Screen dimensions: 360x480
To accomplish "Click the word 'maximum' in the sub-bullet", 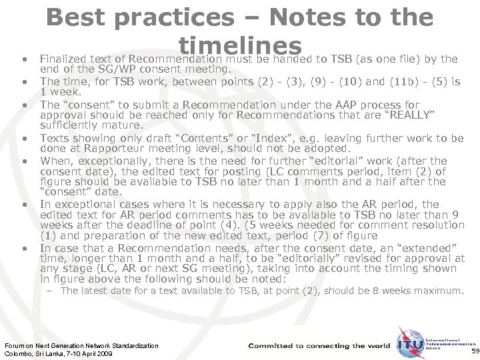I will point(440,291).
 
